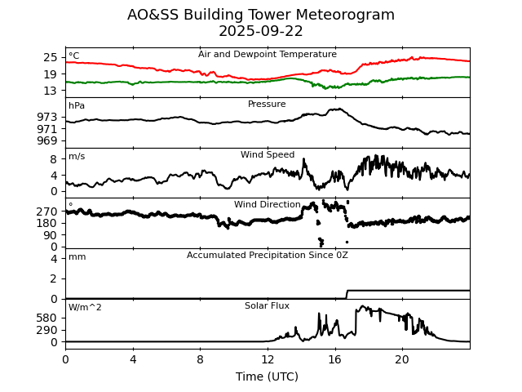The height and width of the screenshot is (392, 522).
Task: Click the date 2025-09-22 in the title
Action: [x=261, y=32]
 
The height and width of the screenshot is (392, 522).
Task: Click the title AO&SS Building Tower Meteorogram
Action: [x=261, y=16]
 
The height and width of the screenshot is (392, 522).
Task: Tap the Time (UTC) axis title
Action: [x=268, y=376]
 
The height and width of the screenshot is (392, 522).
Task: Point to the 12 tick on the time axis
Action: [x=268, y=359]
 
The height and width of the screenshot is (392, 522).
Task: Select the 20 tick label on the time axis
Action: [x=402, y=359]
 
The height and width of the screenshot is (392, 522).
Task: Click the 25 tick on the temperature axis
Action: [x=51, y=57]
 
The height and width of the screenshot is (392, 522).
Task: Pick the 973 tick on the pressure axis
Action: [x=47, y=117]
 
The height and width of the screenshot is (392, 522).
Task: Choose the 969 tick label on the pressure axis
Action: [x=47, y=140]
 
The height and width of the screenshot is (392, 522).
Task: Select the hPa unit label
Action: [x=77, y=106]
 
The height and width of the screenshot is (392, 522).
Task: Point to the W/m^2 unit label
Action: [x=85, y=308]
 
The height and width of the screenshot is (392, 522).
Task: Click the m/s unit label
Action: [x=77, y=157]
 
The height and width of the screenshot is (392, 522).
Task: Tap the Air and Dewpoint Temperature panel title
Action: [x=268, y=55]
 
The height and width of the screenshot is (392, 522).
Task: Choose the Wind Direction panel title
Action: [x=268, y=205]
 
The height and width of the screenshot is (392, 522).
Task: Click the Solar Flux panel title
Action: [x=268, y=305]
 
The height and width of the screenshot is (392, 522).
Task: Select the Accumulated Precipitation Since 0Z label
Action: [x=268, y=256]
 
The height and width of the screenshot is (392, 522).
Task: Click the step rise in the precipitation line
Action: [x=347, y=294]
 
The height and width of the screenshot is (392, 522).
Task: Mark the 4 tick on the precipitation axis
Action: [x=54, y=259]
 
